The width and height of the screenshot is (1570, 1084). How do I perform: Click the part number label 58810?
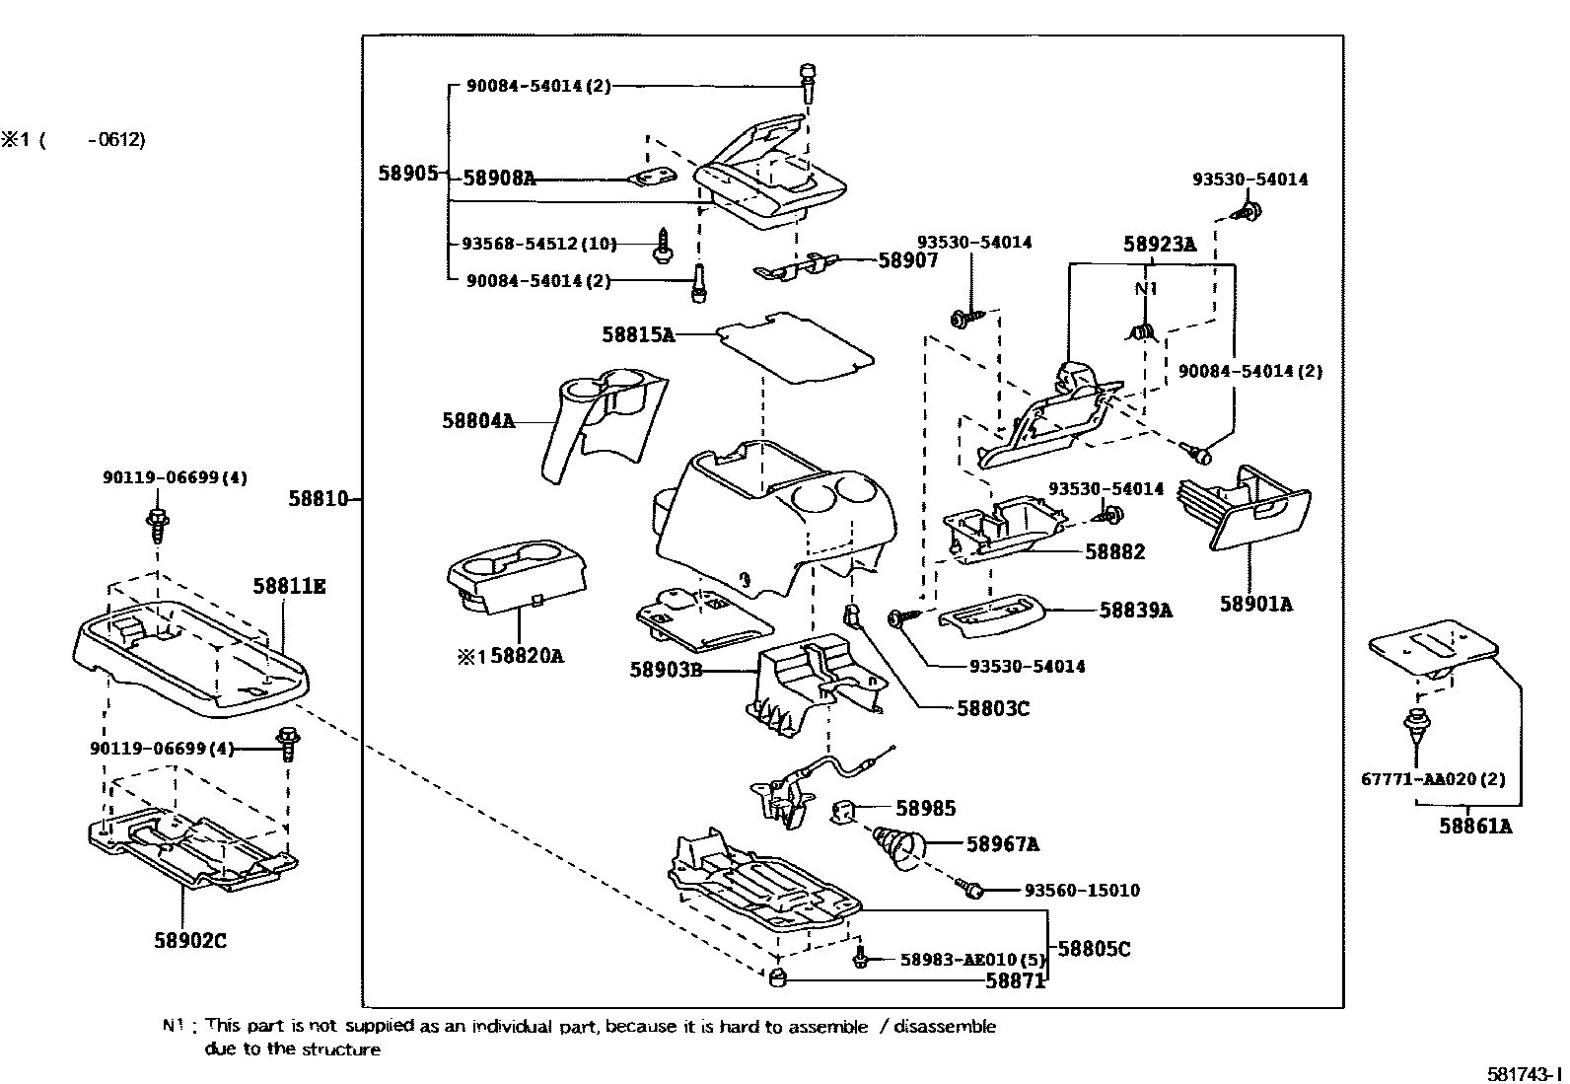[318, 500]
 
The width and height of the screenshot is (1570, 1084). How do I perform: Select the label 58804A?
[477, 421]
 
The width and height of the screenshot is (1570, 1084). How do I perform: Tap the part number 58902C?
[190, 940]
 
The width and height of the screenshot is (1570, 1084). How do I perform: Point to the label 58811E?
[289, 586]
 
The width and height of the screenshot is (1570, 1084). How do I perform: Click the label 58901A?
[1255, 604]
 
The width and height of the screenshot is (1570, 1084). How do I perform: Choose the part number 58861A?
[1474, 827]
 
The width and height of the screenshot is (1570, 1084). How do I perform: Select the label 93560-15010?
[1081, 891]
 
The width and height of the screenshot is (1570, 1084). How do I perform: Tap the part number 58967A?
[1002, 844]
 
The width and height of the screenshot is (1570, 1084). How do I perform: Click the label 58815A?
[638, 335]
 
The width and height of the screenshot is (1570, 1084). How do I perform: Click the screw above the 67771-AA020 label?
[1417, 730]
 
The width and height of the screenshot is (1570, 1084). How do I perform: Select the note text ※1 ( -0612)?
[74, 140]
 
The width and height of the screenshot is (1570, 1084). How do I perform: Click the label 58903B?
[666, 670]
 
